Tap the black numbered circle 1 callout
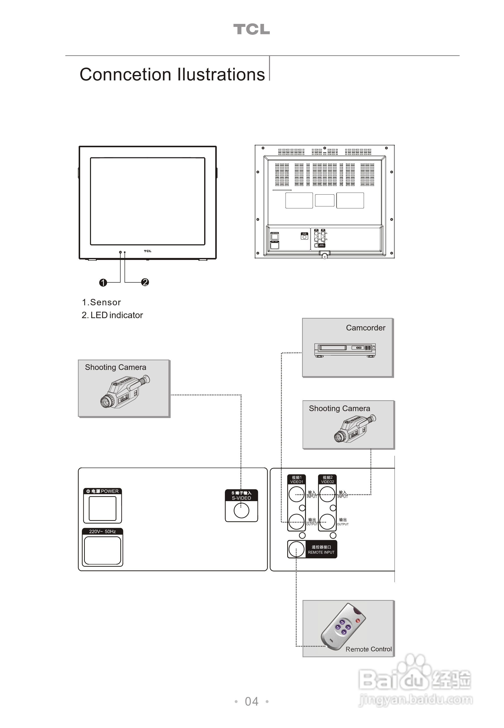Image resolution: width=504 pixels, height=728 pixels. click(103, 282)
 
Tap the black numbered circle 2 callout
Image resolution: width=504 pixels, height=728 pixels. click(145, 282)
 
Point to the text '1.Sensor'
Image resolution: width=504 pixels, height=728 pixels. click(101, 302)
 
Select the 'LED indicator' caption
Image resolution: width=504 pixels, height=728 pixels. click(117, 315)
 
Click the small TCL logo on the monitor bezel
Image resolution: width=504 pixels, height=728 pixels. click(147, 251)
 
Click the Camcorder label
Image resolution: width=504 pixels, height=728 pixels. click(365, 328)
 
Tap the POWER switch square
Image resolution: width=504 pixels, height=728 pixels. click(103, 508)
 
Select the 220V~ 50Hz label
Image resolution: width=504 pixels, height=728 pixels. click(102, 531)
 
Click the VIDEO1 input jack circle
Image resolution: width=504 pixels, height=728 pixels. click(296, 494)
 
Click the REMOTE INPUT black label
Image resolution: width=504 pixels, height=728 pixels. click(321, 549)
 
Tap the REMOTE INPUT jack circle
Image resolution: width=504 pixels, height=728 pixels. click(296, 549)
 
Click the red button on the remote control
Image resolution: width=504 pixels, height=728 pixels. click(358, 621)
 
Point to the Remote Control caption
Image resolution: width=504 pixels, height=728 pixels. click(369, 649)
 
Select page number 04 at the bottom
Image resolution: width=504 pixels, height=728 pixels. click(252, 701)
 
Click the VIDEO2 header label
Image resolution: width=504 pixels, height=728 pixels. click(327, 479)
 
